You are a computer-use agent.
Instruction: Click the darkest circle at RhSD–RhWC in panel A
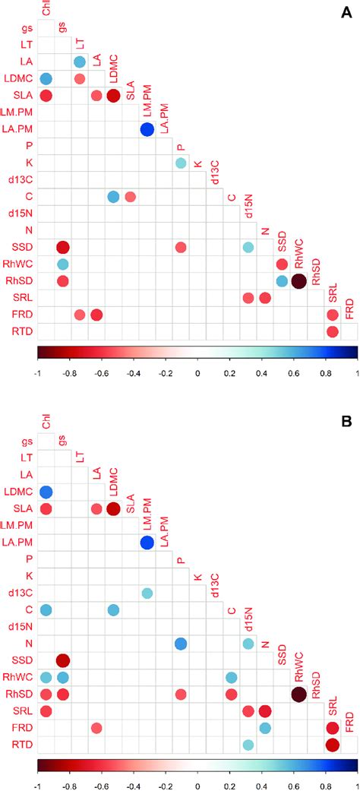[x=298, y=281]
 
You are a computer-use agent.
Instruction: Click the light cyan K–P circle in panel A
[x=181, y=163]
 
